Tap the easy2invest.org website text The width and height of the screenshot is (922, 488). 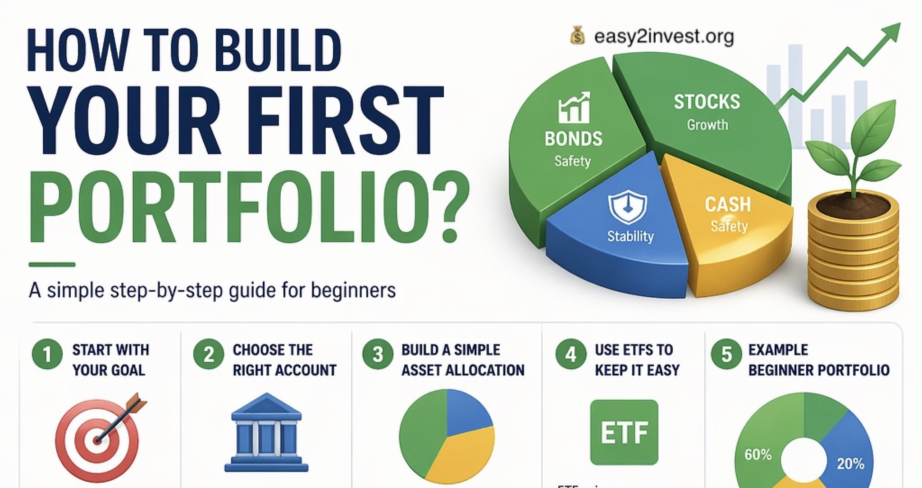(x=663, y=36)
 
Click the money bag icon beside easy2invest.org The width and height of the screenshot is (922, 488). (x=578, y=36)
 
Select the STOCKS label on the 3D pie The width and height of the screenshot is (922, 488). (x=707, y=102)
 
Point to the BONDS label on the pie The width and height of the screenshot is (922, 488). (x=573, y=139)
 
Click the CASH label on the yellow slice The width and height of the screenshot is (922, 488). (x=728, y=205)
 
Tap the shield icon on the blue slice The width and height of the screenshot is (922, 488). (x=627, y=207)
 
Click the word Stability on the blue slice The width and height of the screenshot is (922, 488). (x=630, y=236)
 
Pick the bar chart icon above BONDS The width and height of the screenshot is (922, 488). (x=574, y=108)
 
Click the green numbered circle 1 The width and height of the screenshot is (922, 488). (x=47, y=354)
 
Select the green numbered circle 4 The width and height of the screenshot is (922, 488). (x=571, y=354)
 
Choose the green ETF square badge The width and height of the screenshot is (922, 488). (x=624, y=432)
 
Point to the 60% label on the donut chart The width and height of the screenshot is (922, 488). (x=758, y=455)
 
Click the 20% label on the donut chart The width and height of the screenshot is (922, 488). (x=850, y=464)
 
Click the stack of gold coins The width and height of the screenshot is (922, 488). (x=853, y=257)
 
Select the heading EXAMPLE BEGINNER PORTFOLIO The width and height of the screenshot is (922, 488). (x=818, y=360)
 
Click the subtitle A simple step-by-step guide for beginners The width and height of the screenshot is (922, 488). (x=212, y=290)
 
